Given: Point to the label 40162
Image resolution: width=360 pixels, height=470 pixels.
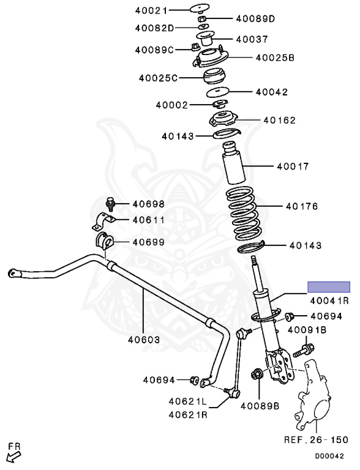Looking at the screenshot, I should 279,121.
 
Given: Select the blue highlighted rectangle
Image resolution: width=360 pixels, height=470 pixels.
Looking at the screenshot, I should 328,286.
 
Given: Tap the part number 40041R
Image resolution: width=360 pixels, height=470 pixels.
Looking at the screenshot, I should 329,300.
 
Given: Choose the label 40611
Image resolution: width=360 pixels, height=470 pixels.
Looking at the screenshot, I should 148,220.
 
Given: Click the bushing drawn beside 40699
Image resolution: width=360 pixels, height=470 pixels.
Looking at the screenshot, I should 105,241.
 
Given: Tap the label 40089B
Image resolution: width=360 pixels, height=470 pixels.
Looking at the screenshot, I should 260,405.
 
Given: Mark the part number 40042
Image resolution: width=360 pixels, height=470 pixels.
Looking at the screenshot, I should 272,92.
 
